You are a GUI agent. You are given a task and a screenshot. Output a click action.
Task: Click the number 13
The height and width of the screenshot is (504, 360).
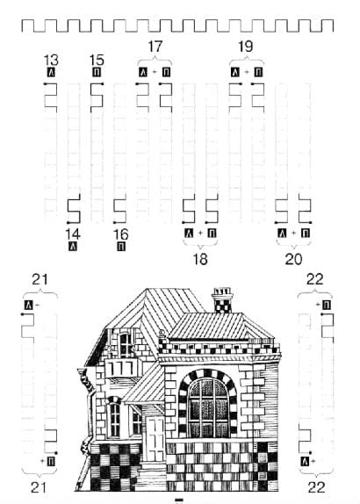click(x=51, y=60)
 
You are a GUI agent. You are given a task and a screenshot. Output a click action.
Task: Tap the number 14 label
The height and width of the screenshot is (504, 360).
click(x=73, y=234)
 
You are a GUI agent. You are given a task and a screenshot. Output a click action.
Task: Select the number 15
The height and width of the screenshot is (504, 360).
click(x=97, y=60)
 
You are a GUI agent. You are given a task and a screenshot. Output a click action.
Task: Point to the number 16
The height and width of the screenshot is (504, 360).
click(x=121, y=234)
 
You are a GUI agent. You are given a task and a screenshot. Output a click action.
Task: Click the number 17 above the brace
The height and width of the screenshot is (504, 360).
click(x=155, y=47)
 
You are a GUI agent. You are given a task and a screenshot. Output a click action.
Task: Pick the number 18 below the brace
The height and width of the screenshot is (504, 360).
click(x=200, y=259)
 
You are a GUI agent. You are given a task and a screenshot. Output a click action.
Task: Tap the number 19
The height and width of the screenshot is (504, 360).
click(x=246, y=47)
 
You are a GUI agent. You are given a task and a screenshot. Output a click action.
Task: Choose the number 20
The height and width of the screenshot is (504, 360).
click(x=294, y=259)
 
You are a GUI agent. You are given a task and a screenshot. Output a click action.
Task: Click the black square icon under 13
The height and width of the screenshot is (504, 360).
click(x=51, y=72)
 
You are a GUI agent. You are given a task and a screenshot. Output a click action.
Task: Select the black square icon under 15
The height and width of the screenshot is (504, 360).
click(x=97, y=72)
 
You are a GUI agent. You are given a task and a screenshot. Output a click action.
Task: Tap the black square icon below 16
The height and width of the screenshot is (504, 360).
click(x=121, y=247)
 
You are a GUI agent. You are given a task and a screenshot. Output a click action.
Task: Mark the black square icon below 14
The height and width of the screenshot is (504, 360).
click(x=73, y=247)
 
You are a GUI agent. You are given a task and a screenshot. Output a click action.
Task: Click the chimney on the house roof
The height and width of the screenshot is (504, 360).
click(x=222, y=300)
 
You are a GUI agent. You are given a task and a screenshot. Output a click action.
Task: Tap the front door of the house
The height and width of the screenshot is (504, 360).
click(x=155, y=438)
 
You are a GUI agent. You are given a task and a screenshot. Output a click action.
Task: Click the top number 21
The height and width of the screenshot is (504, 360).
click(x=40, y=279)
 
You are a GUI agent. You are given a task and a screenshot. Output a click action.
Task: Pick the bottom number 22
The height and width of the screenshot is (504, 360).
click(x=317, y=487)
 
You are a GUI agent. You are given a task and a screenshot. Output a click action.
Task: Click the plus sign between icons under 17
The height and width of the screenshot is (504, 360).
click(x=155, y=72)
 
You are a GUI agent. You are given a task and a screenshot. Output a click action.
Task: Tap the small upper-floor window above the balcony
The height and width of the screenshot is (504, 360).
click(x=126, y=344)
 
